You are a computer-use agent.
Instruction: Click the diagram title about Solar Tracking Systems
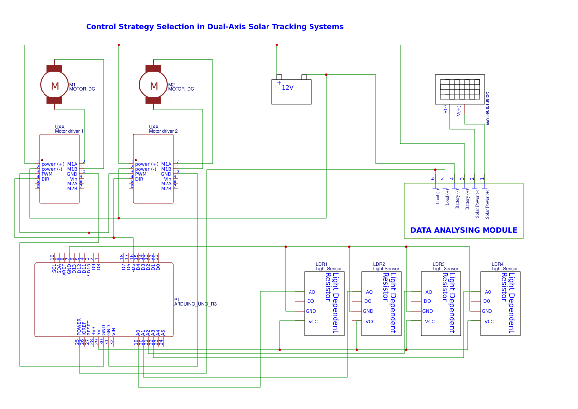pos(215,27)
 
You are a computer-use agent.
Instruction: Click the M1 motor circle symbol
pos(55,86)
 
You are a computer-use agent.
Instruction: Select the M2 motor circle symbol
pos(154,86)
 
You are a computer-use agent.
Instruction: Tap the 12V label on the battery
pos(287,87)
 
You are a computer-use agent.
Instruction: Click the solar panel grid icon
pos(459,89)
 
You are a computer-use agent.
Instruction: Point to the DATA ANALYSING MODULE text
pos(463,230)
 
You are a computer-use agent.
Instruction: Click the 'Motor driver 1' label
pos(69,131)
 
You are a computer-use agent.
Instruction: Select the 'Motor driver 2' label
pos(163,131)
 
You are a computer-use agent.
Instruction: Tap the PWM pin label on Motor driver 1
pos(47,174)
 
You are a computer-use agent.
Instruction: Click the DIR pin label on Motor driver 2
pos(139,179)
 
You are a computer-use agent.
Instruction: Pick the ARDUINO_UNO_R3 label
pos(195,304)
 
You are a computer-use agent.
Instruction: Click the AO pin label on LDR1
pos(311,292)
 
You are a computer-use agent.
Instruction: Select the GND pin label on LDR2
pos(368,311)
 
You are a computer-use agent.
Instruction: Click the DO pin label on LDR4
pos(487,301)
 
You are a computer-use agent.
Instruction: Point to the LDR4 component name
pos(497,264)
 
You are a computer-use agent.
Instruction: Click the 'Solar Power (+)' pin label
pos(487,204)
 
